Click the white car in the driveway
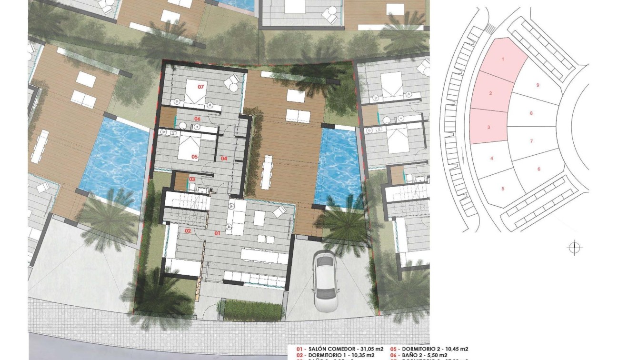tap(326, 279)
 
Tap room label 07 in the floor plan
tap(201, 87)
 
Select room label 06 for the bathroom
tap(197, 119)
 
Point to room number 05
tap(194, 156)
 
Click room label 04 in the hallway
tap(224, 158)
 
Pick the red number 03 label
tap(192, 179)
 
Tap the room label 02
tap(188, 231)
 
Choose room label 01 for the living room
tap(217, 233)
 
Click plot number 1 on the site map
tap(503, 59)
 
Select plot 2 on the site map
tap(490, 93)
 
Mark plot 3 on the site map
tap(488, 127)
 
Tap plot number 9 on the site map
tap(538, 85)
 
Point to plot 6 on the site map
tap(538, 169)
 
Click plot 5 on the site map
tap(503, 189)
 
